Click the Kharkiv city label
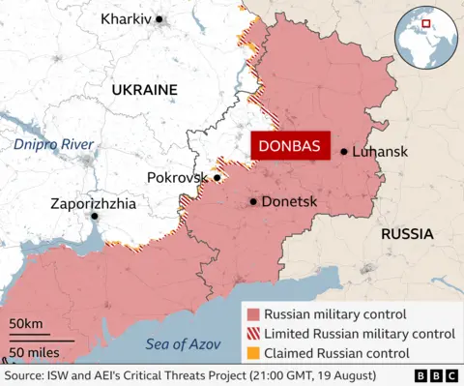(x=126, y=19)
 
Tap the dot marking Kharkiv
(x=160, y=19)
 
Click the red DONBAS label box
(x=290, y=145)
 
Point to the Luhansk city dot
(x=344, y=152)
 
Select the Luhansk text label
(x=381, y=152)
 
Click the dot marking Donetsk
(x=253, y=201)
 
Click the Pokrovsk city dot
(x=217, y=178)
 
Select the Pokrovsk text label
(x=178, y=178)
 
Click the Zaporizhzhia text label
(x=94, y=204)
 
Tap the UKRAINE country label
(x=144, y=89)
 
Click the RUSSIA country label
(x=407, y=234)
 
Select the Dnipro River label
(x=54, y=144)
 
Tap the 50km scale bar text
(x=26, y=323)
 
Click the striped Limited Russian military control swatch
(x=253, y=333)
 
